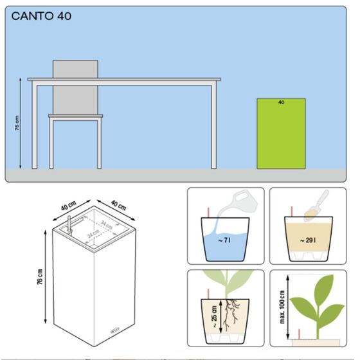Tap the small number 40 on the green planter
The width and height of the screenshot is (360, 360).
point(281,102)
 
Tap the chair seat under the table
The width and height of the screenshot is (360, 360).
point(75,116)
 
